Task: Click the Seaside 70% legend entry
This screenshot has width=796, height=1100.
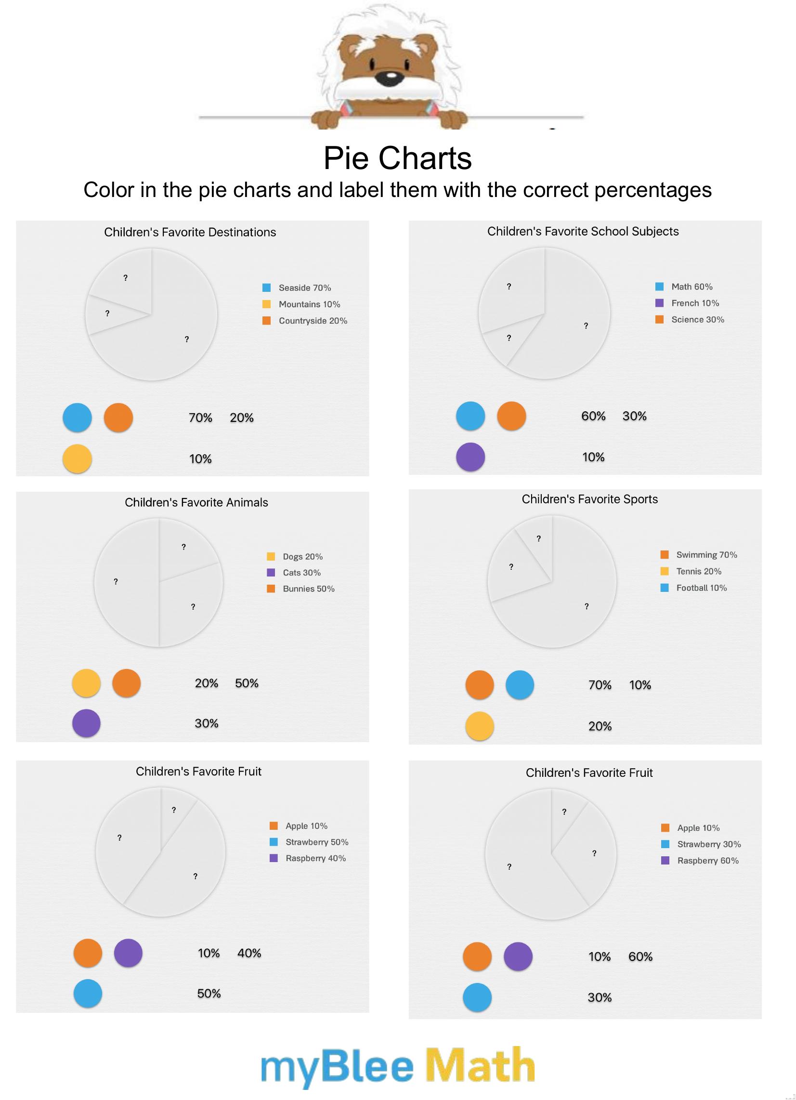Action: pos(304,288)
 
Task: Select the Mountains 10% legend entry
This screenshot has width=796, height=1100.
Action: pos(309,304)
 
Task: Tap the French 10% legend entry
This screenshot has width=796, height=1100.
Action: pos(694,303)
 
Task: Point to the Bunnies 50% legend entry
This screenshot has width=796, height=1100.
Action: pos(308,589)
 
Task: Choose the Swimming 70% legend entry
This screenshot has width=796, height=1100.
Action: pos(706,555)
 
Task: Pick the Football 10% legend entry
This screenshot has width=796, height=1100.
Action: pos(701,588)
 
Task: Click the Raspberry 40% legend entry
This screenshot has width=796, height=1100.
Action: pos(315,858)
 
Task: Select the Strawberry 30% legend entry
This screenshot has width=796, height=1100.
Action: pos(709,844)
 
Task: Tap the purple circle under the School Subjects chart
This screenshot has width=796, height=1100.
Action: pos(470,457)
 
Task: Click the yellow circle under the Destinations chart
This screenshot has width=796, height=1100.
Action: pos(77,459)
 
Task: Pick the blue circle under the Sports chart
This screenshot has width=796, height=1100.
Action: pos(520,685)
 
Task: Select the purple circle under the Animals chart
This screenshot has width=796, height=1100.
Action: pos(86,723)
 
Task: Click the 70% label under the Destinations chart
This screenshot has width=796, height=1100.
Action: pos(200,418)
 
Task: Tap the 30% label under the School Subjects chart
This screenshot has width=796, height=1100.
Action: pos(635,416)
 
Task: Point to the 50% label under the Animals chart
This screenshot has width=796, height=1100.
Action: pos(247,683)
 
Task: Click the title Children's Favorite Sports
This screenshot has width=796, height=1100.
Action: pos(589,499)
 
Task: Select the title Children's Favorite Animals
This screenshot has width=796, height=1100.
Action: pos(196,502)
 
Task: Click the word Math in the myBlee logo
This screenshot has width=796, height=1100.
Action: pos(480,1065)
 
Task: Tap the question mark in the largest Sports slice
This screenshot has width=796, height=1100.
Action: pos(587,606)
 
